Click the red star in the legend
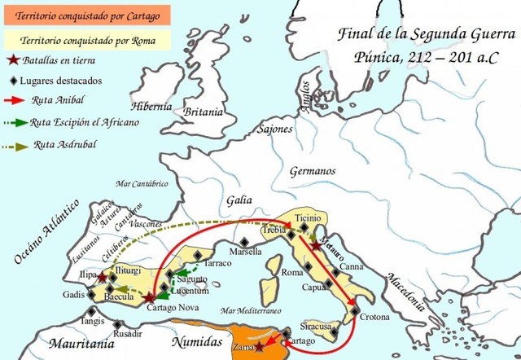pos(12,60)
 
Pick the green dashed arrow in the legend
pos(15,123)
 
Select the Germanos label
pos(313,172)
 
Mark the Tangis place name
pos(94,321)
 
